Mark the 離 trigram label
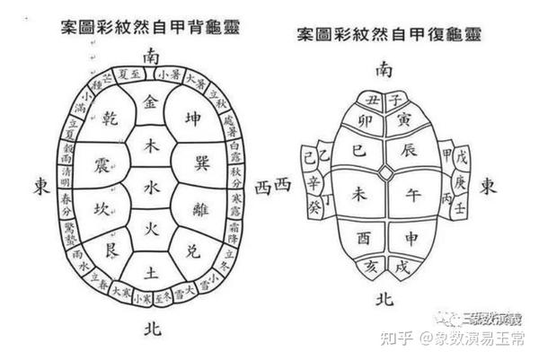point(201,207)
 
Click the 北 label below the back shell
point(153,329)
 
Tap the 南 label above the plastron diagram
point(384,69)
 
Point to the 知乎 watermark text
point(398,338)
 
